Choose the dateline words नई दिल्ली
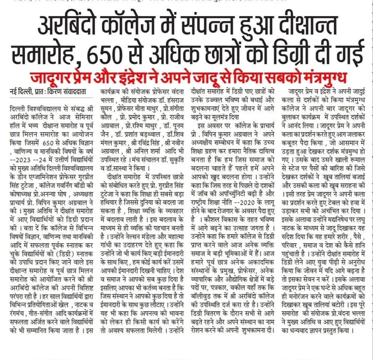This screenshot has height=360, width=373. click(x=20, y=92)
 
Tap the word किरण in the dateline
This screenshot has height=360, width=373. click(x=55, y=92)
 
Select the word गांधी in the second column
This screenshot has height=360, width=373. click(x=109, y=245)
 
